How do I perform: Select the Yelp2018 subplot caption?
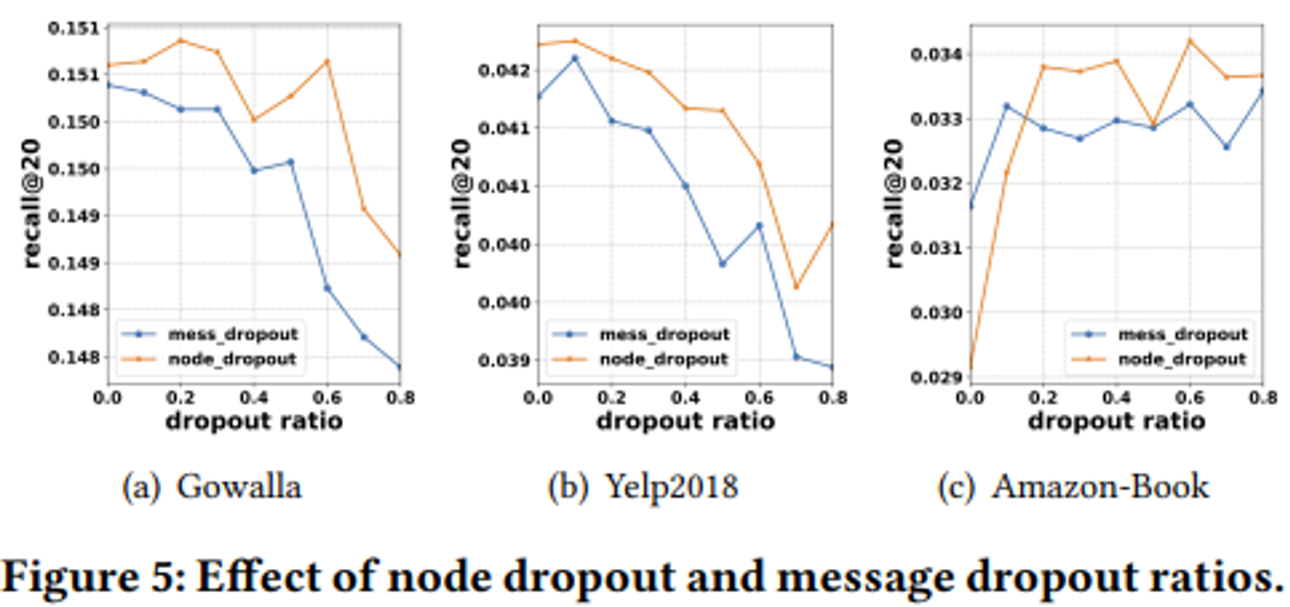[x=643, y=487]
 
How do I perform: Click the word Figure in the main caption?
[x=71, y=576]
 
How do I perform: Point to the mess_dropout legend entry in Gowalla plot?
[x=232, y=334]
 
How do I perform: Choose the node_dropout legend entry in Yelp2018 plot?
[x=663, y=360]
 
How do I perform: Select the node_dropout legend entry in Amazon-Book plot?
[x=1182, y=360]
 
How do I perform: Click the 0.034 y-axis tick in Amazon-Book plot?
[x=936, y=54]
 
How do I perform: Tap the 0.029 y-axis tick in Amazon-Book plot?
[x=936, y=376]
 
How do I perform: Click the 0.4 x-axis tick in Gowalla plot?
[x=253, y=398]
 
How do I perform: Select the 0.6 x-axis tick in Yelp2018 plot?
[x=759, y=398]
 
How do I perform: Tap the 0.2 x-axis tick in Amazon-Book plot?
[x=1043, y=398]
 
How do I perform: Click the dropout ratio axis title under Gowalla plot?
[x=253, y=421]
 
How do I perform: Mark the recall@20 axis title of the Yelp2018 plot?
[x=462, y=203]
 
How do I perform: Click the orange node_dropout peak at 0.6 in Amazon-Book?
[x=1190, y=40]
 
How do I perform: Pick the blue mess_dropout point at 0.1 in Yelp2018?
[x=575, y=58]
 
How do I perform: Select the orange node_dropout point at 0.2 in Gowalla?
[x=181, y=40]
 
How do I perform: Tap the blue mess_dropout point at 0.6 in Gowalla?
[x=327, y=288]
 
